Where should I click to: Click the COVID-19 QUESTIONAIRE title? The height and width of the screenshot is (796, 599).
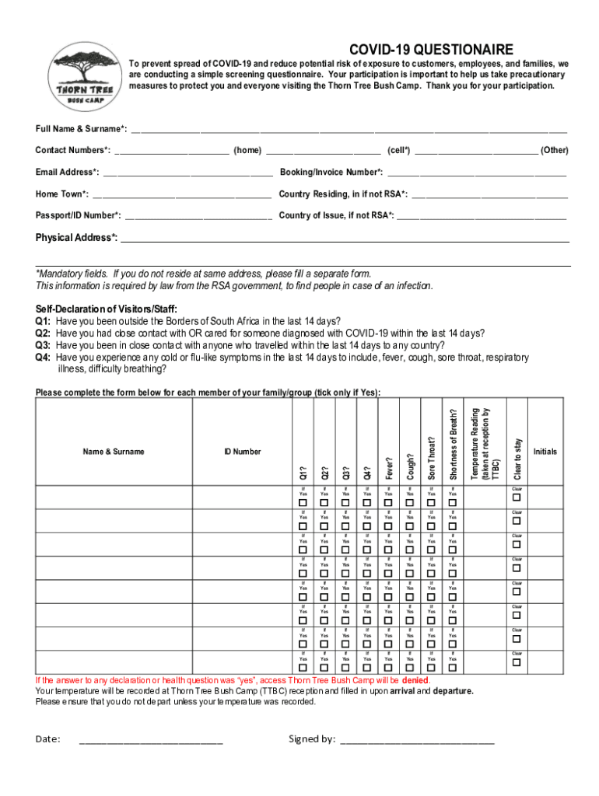(431, 49)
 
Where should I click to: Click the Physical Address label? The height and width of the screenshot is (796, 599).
(76, 237)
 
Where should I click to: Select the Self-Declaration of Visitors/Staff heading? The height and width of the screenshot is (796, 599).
(101, 309)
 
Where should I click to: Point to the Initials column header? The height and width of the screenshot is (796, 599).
(545, 452)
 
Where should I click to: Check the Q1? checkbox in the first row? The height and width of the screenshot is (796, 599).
(303, 502)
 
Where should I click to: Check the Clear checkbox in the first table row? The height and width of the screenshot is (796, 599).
(515, 497)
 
